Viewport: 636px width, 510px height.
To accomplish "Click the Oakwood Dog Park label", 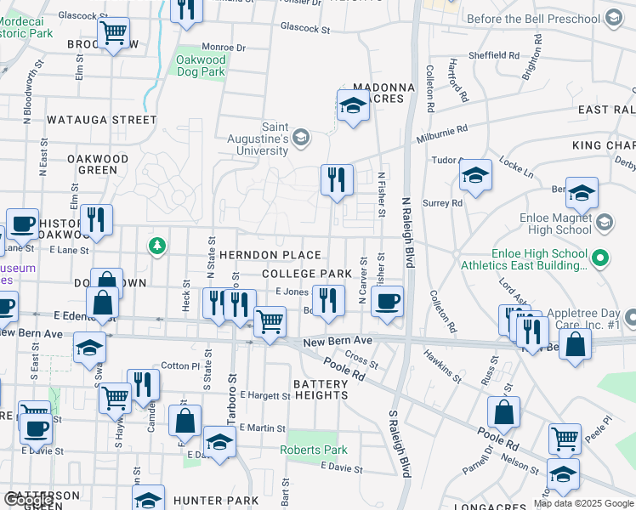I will click(201, 66).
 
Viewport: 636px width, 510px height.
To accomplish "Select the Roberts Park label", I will click(315, 450).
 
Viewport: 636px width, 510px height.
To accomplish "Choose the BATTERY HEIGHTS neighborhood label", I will click(321, 390).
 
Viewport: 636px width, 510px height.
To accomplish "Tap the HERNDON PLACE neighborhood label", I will click(270, 255).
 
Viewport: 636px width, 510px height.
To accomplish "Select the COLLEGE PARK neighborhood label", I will click(307, 274).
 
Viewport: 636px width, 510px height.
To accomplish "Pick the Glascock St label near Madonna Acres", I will click(306, 29).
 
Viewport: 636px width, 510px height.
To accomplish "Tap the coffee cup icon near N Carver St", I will click(387, 301).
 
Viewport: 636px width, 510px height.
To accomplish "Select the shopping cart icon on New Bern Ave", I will click(270, 321).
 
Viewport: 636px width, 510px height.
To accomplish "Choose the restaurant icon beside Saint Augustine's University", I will click(337, 178).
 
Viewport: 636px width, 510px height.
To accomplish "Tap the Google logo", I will click(29, 500).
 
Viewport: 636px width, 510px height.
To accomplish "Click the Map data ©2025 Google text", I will click(583, 503).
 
